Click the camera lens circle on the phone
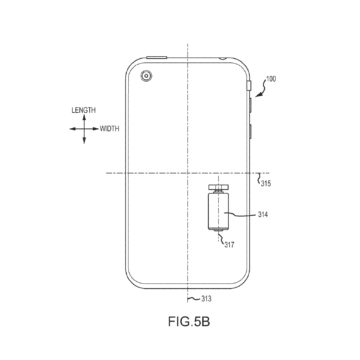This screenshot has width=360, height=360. tap(146, 76)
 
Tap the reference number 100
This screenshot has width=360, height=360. tap(271, 80)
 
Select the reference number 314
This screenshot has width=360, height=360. tap(263, 215)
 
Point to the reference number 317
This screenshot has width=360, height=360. tap(229, 245)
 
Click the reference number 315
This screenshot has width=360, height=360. tap(266, 183)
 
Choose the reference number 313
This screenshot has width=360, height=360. tap(206, 299)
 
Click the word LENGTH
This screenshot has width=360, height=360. tap(84, 110)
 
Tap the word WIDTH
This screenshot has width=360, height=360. tap(109, 129)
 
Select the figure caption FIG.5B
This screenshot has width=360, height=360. tap(189, 322)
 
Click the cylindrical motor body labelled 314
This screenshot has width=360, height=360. tap(218, 211)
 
